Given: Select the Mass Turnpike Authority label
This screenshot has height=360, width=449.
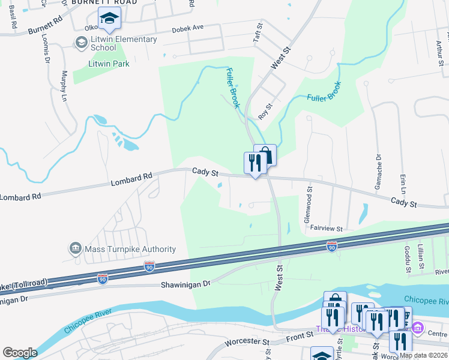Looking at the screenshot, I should [x=130, y=249].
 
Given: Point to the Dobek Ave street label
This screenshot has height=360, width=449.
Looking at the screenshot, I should [x=188, y=28].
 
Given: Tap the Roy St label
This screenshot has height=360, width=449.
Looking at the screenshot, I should [x=265, y=110].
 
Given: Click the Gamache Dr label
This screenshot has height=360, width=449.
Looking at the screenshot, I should [x=379, y=173].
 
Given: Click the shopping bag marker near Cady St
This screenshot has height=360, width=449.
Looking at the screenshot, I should [x=265, y=155].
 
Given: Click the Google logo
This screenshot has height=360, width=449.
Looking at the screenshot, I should [x=20, y=353].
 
